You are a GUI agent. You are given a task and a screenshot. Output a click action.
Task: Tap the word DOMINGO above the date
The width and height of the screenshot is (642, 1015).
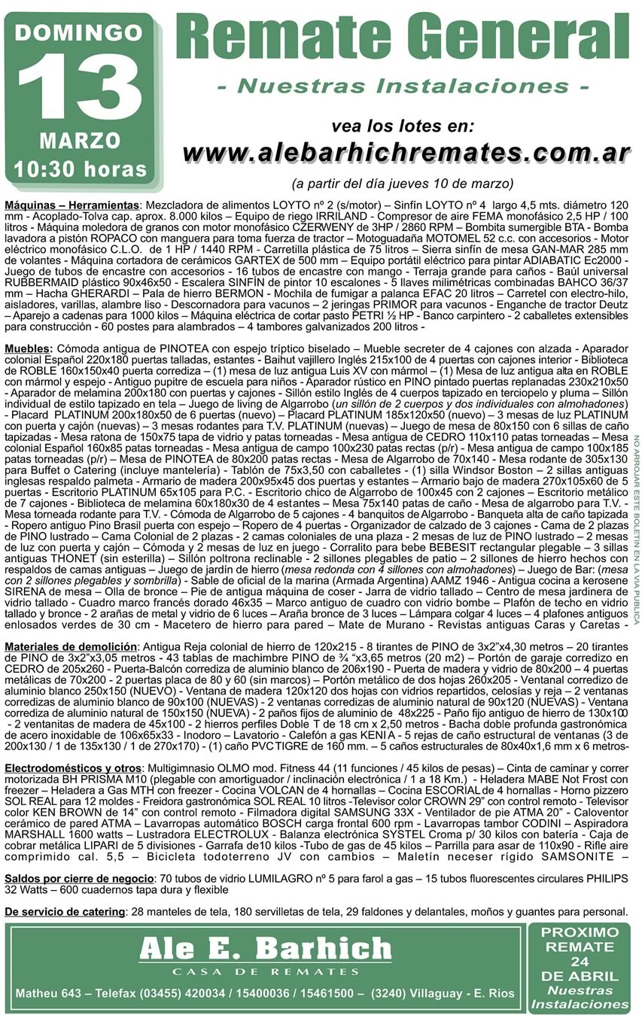[79, 33]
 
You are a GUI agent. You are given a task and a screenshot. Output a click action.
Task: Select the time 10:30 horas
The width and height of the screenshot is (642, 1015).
[80, 168]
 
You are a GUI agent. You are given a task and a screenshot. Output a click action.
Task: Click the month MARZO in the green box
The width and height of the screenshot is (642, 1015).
[80, 140]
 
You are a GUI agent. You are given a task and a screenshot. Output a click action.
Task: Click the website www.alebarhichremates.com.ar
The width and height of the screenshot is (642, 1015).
[406, 151]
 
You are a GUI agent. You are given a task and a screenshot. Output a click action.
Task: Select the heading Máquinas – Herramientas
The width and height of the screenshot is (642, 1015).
[72, 205]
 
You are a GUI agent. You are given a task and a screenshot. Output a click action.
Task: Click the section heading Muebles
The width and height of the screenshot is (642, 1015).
[29, 349]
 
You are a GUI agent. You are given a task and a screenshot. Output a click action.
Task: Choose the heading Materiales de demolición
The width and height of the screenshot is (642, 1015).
[71, 646]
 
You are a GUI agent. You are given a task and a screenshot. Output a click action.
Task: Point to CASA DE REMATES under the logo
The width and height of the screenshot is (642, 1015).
[265, 971]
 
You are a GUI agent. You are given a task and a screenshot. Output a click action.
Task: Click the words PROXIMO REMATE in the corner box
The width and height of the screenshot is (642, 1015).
[580, 939]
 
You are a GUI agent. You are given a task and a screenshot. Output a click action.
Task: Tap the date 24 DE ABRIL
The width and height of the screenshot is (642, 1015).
[580, 969]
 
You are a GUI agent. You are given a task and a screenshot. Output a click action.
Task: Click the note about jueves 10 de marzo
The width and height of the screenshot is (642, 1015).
[403, 183]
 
